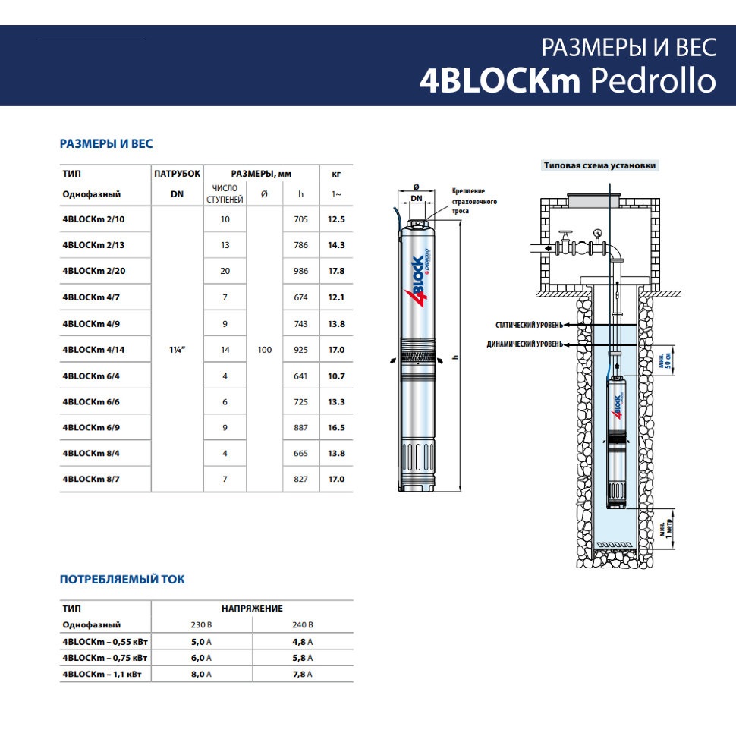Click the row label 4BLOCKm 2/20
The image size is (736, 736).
[94, 271]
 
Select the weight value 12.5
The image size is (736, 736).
[336, 219]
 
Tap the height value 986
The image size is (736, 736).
[300, 271]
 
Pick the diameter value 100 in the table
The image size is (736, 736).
[264, 350]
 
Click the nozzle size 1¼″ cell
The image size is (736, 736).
[177, 350]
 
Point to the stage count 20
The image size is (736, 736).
[225, 271]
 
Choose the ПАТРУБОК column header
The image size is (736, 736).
[177, 174]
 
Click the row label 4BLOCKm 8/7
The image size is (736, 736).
[91, 480]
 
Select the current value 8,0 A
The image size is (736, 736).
[201, 674]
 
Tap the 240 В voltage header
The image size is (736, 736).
[302, 624]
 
